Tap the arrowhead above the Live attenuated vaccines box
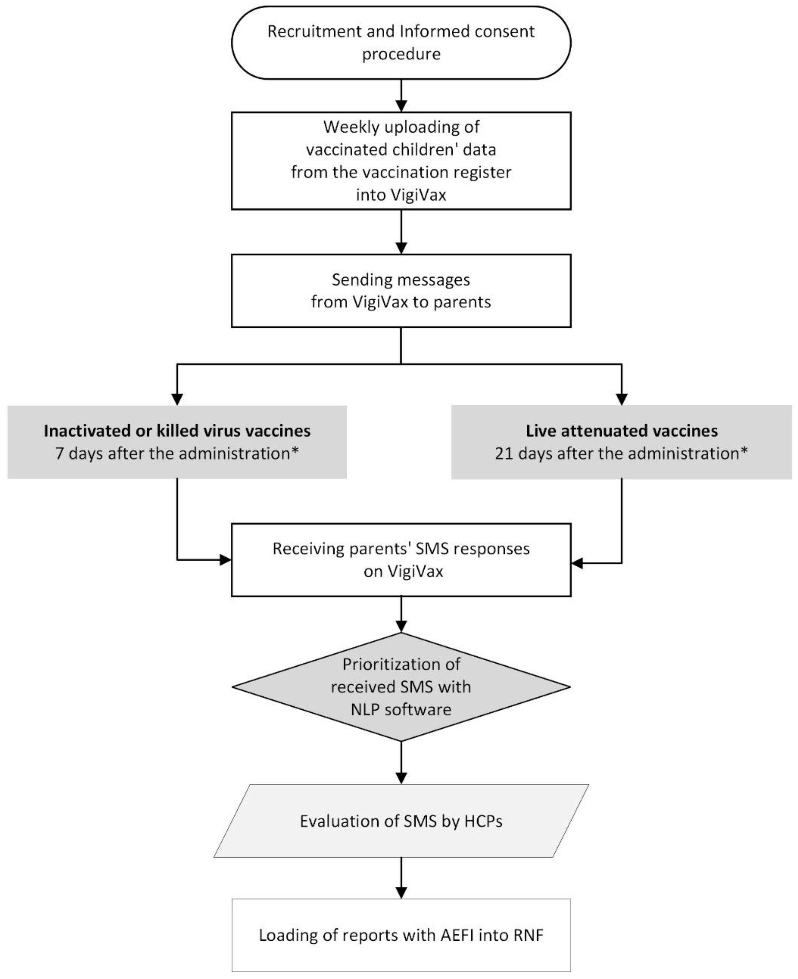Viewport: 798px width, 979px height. coord(621,400)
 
